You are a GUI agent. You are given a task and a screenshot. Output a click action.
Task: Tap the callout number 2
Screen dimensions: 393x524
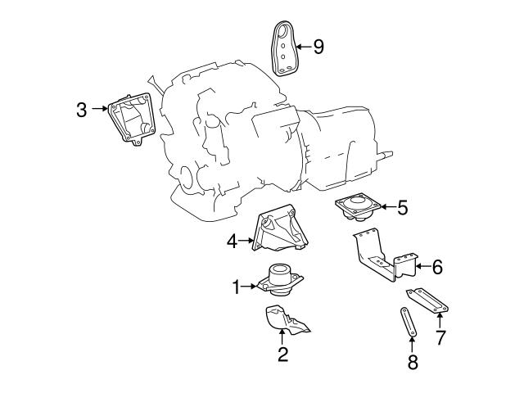[x=282, y=355]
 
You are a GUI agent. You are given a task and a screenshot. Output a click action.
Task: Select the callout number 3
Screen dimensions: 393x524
[x=82, y=109]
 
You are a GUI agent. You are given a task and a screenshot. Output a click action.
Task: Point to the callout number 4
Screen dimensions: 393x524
[x=233, y=242]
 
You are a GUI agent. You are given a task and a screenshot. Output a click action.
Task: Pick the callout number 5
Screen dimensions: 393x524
[x=402, y=208]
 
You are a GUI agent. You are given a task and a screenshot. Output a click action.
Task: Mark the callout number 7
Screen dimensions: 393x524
[x=440, y=337]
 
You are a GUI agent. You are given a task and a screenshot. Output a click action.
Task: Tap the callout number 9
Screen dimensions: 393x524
[x=318, y=47]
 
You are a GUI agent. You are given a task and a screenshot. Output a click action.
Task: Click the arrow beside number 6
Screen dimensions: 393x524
[x=420, y=266]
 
